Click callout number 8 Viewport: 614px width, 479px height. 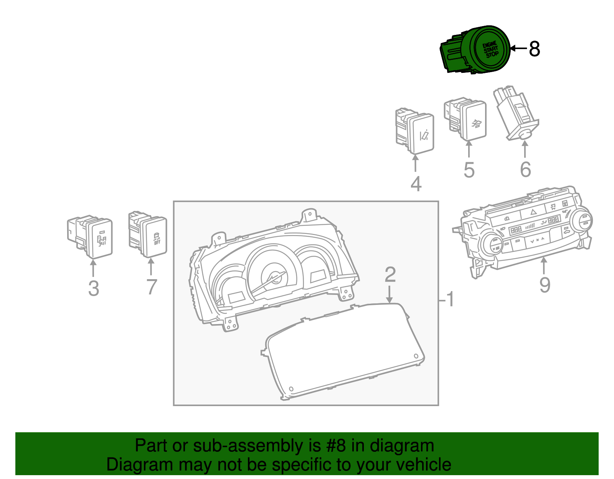[534, 49]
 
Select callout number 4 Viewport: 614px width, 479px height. [416, 184]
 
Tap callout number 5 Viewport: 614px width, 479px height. [469, 170]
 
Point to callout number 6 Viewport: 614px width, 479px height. [525, 169]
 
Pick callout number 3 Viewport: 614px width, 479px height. [94, 288]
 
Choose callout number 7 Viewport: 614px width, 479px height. [152, 287]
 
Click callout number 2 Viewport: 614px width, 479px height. [390, 275]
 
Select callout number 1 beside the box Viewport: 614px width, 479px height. [450, 299]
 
